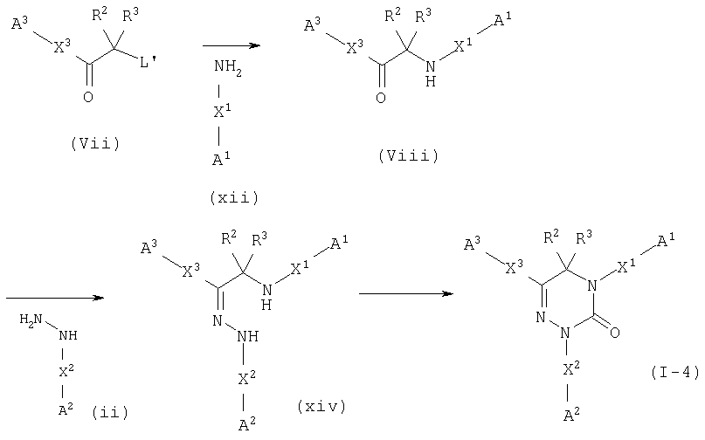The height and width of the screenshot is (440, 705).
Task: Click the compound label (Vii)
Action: tap(96, 144)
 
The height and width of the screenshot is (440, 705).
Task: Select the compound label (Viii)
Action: tap(409, 156)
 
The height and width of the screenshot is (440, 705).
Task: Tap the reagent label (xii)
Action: tap(234, 198)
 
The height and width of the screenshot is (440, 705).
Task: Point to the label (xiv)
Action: tap(322, 407)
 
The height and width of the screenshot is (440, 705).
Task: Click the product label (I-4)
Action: tap(675, 373)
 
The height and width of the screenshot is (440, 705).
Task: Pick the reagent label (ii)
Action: tap(110, 412)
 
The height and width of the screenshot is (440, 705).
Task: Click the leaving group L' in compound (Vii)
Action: tap(149, 62)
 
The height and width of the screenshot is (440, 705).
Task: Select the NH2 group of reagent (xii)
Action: tap(228, 67)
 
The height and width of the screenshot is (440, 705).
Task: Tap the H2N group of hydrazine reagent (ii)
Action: tap(31, 320)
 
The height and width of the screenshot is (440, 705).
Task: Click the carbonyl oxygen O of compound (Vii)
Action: tap(88, 97)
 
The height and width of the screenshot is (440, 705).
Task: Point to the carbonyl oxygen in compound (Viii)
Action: tap(381, 98)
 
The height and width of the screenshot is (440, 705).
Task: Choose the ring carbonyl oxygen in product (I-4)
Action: tap(615, 333)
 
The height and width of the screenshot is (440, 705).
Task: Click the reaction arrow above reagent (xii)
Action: tap(232, 45)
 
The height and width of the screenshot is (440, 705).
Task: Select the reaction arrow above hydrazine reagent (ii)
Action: tap(55, 298)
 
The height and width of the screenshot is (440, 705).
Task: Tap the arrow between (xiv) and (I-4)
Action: tap(406, 294)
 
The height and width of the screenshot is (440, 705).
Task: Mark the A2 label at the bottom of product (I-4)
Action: tap(571, 414)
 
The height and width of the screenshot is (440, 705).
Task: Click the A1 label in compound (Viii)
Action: tap(502, 20)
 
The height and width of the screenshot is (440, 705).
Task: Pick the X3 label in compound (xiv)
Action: tap(191, 270)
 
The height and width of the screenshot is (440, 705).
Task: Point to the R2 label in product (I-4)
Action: tap(551, 237)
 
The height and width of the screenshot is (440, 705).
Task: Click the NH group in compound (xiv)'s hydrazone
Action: tap(248, 336)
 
